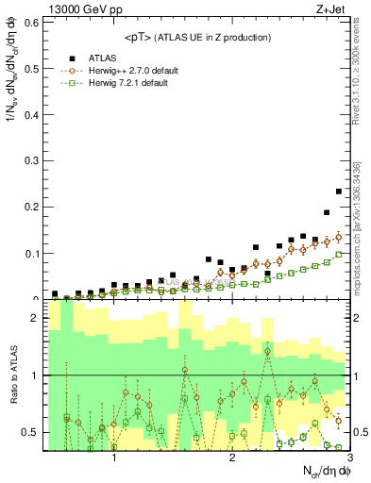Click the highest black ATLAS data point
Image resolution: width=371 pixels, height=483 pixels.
(339, 192)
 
